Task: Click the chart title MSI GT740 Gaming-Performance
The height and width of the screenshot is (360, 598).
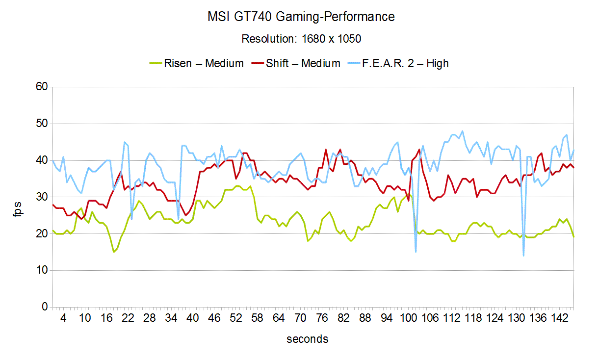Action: pos(301,17)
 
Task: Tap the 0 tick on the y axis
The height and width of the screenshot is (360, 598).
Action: pos(44,307)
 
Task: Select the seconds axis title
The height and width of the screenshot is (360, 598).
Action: pos(308,339)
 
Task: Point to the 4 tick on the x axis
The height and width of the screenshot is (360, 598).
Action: pos(63,318)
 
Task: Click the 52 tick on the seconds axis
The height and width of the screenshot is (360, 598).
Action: pos(236,318)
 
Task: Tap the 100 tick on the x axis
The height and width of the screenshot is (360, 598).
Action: pos(408,318)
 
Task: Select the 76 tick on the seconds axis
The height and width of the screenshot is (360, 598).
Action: pos(322,318)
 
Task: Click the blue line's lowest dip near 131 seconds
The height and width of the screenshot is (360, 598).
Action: pos(523,256)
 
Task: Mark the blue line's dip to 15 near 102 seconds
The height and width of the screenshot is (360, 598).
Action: pos(416,252)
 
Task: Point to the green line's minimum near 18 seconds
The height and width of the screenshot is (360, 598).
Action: pos(114,252)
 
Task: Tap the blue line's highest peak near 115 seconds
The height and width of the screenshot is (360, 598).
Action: pos(462,131)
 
